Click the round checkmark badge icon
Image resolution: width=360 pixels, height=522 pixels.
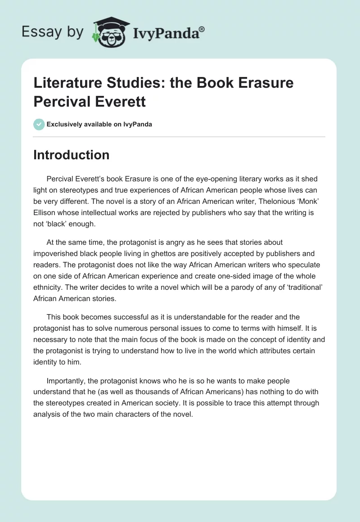coord(39,124)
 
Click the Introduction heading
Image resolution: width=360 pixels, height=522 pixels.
coord(71,155)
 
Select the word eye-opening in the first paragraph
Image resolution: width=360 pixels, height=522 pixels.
coord(200,179)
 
